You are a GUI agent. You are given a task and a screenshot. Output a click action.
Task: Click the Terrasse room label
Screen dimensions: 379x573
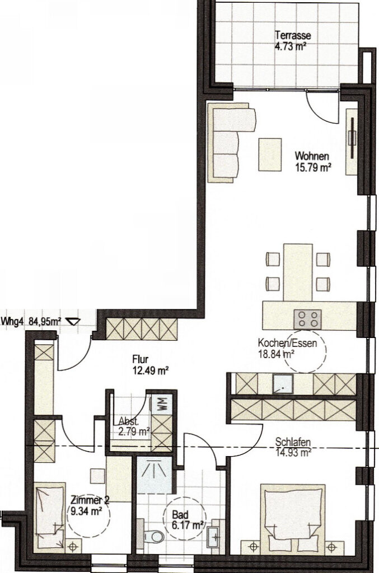(x=293, y=35)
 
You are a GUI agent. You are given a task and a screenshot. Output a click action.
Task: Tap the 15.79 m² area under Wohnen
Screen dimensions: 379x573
(x=313, y=168)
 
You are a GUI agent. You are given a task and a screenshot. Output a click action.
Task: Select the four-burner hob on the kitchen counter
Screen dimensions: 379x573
(x=308, y=318)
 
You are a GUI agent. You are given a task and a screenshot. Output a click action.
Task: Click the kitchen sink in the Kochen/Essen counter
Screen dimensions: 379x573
(x=283, y=384)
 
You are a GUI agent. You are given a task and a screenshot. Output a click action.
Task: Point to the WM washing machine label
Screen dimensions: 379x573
(x=162, y=403)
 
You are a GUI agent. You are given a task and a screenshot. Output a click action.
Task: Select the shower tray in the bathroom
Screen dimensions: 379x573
(x=155, y=475)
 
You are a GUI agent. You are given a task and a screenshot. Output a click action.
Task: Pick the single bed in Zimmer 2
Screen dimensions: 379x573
(x=50, y=515)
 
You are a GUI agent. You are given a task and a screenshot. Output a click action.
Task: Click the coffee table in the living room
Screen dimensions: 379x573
(x=270, y=154)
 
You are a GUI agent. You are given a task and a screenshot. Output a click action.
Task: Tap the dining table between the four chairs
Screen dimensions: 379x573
(x=298, y=273)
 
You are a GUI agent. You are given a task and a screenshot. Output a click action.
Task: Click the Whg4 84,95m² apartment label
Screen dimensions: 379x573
(x=31, y=322)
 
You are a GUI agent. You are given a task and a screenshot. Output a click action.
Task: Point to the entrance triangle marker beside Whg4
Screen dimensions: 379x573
(x=73, y=321)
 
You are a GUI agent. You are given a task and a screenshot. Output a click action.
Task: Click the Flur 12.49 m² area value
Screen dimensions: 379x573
(x=150, y=371)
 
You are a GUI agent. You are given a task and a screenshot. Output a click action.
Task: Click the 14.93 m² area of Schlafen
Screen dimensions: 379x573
(x=293, y=453)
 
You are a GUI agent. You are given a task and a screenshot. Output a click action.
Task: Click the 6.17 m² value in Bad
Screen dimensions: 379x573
(x=188, y=525)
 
